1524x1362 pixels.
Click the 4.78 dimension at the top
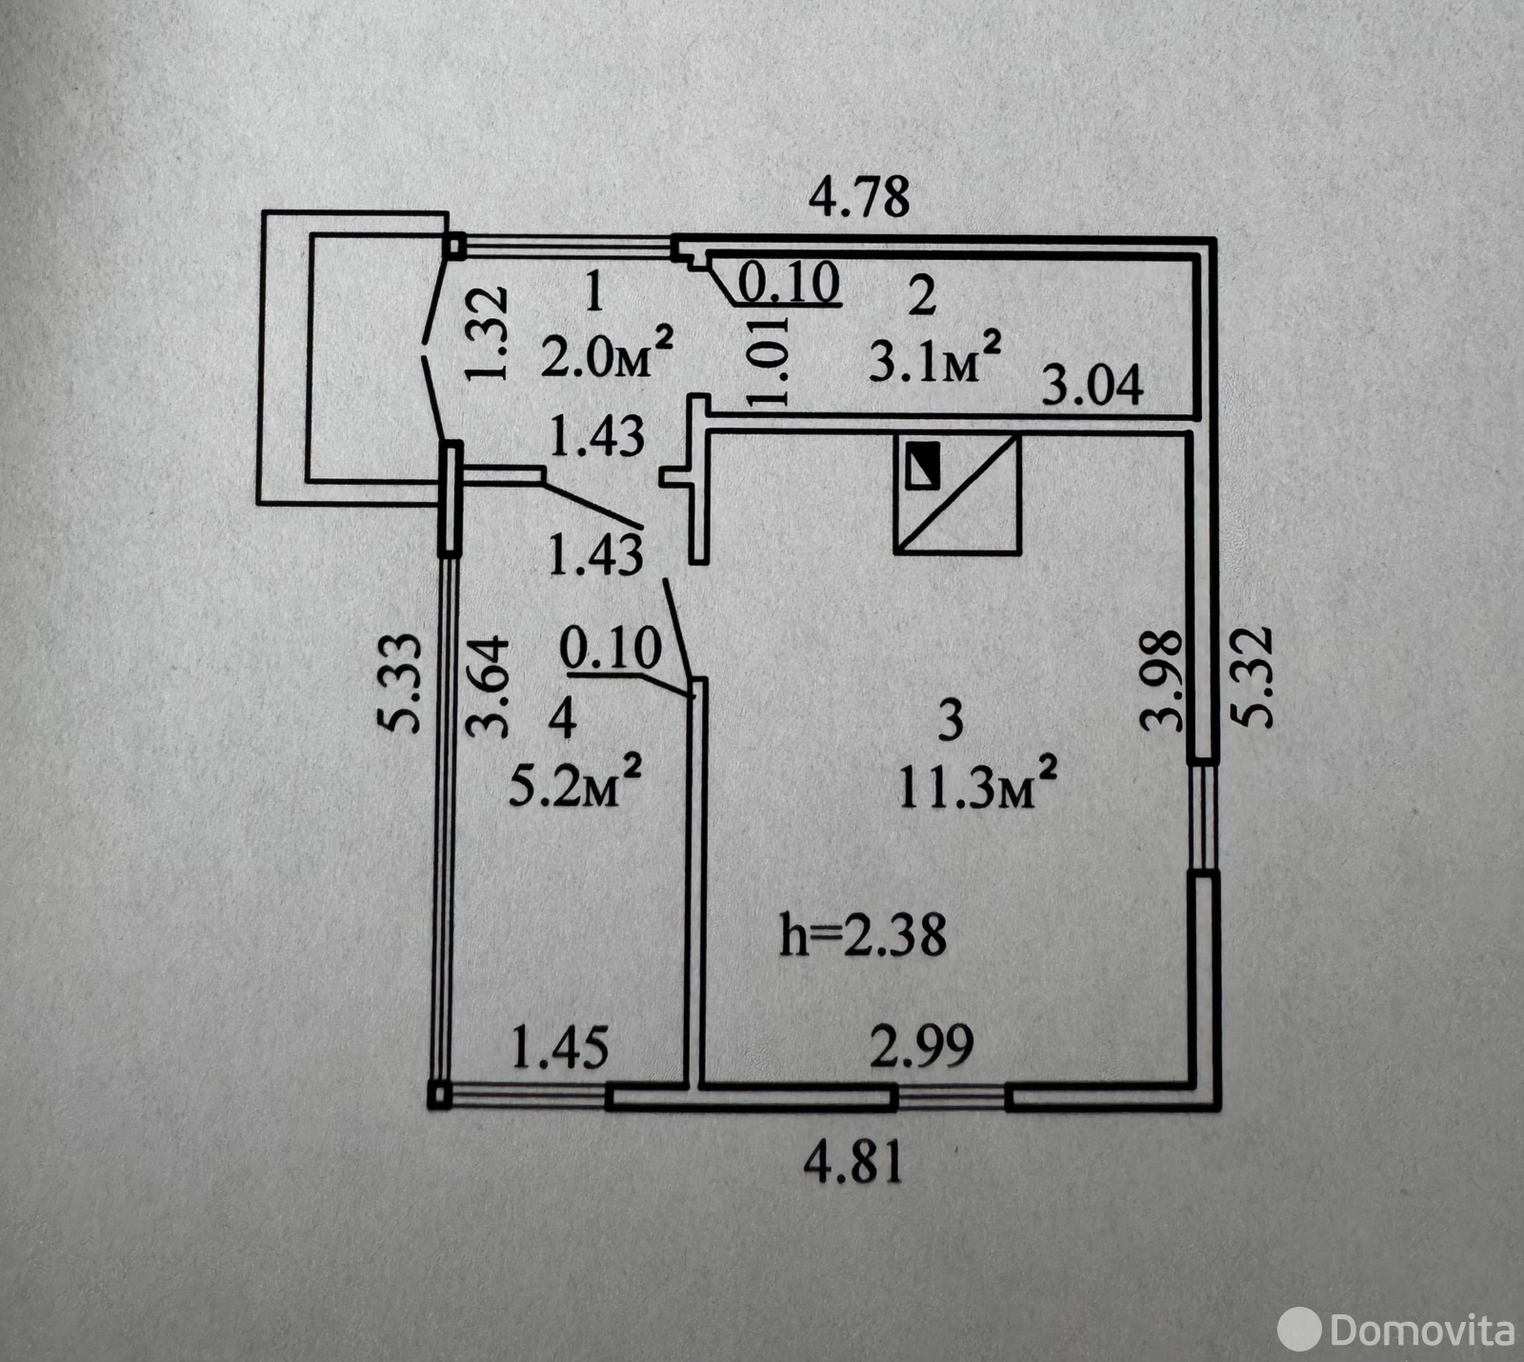click(859, 197)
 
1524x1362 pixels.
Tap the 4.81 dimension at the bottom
click(853, 1164)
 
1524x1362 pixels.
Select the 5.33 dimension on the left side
click(405, 682)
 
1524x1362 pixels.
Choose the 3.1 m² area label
click(934, 358)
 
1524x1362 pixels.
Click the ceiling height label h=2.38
click(863, 934)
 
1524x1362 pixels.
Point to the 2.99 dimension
click(922, 1046)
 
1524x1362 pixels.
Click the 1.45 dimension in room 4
click(559, 1049)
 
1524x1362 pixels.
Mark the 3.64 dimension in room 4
click(489, 687)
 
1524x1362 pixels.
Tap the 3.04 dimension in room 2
click(1092, 387)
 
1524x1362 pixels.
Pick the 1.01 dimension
click(770, 361)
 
